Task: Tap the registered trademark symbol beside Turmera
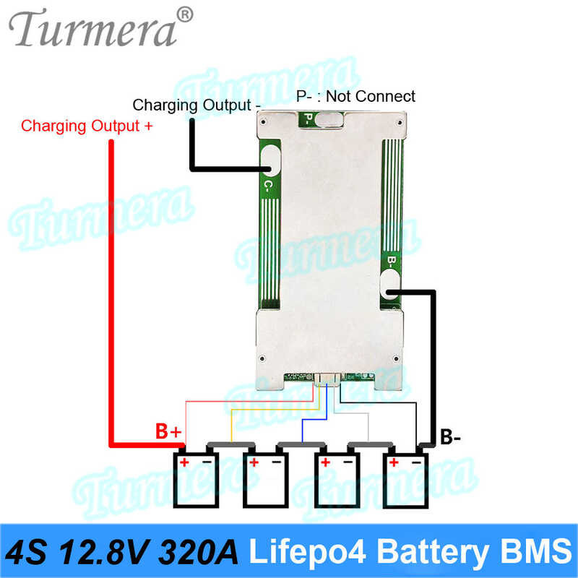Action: click(x=185, y=15)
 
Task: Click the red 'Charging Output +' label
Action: click(x=87, y=126)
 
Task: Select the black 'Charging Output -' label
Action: click(x=197, y=105)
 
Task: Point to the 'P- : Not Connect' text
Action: click(x=355, y=96)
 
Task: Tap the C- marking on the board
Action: click(x=269, y=186)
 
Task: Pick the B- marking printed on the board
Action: click(x=392, y=261)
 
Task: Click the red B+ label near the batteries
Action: click(x=168, y=431)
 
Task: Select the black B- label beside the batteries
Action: click(x=450, y=438)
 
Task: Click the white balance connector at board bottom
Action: click(x=327, y=380)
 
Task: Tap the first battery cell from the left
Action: click(x=196, y=478)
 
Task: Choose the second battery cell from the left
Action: click(x=265, y=478)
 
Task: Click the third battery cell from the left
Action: click(x=337, y=478)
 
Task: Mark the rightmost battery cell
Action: click(x=405, y=478)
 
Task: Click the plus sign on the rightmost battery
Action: click(x=394, y=462)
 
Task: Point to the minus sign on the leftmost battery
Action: click(x=207, y=462)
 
